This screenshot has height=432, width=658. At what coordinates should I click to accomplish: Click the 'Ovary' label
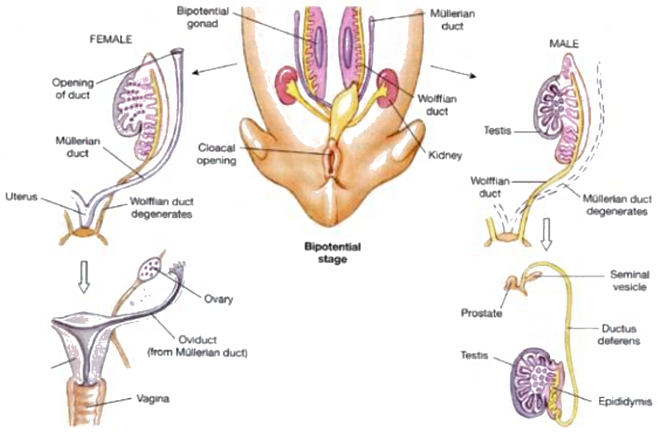tap(219, 299)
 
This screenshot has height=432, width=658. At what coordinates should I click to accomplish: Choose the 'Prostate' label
tap(482, 311)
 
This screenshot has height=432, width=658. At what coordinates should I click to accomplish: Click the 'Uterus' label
tap(21, 197)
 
